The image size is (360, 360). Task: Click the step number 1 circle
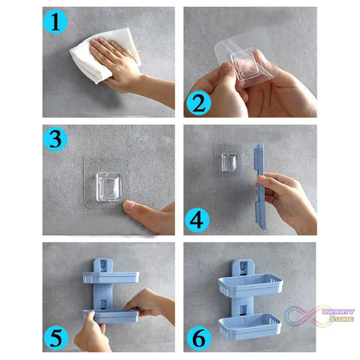tap(56, 22)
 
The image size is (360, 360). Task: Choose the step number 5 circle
tap(57, 337)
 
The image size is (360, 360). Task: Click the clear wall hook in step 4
tap(228, 163)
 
